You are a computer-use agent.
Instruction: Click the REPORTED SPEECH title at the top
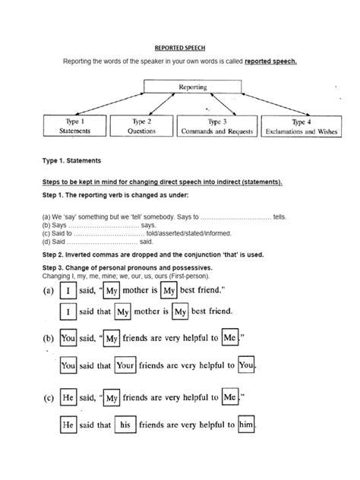tap(179, 46)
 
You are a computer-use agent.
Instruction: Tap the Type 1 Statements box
tap(74, 125)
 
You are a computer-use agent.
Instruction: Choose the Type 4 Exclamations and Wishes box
tap(301, 125)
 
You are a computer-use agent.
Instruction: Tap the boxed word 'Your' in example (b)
tap(126, 365)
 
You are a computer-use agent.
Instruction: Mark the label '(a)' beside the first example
tap(48, 290)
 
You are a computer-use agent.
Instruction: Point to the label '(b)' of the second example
tap(48, 340)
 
